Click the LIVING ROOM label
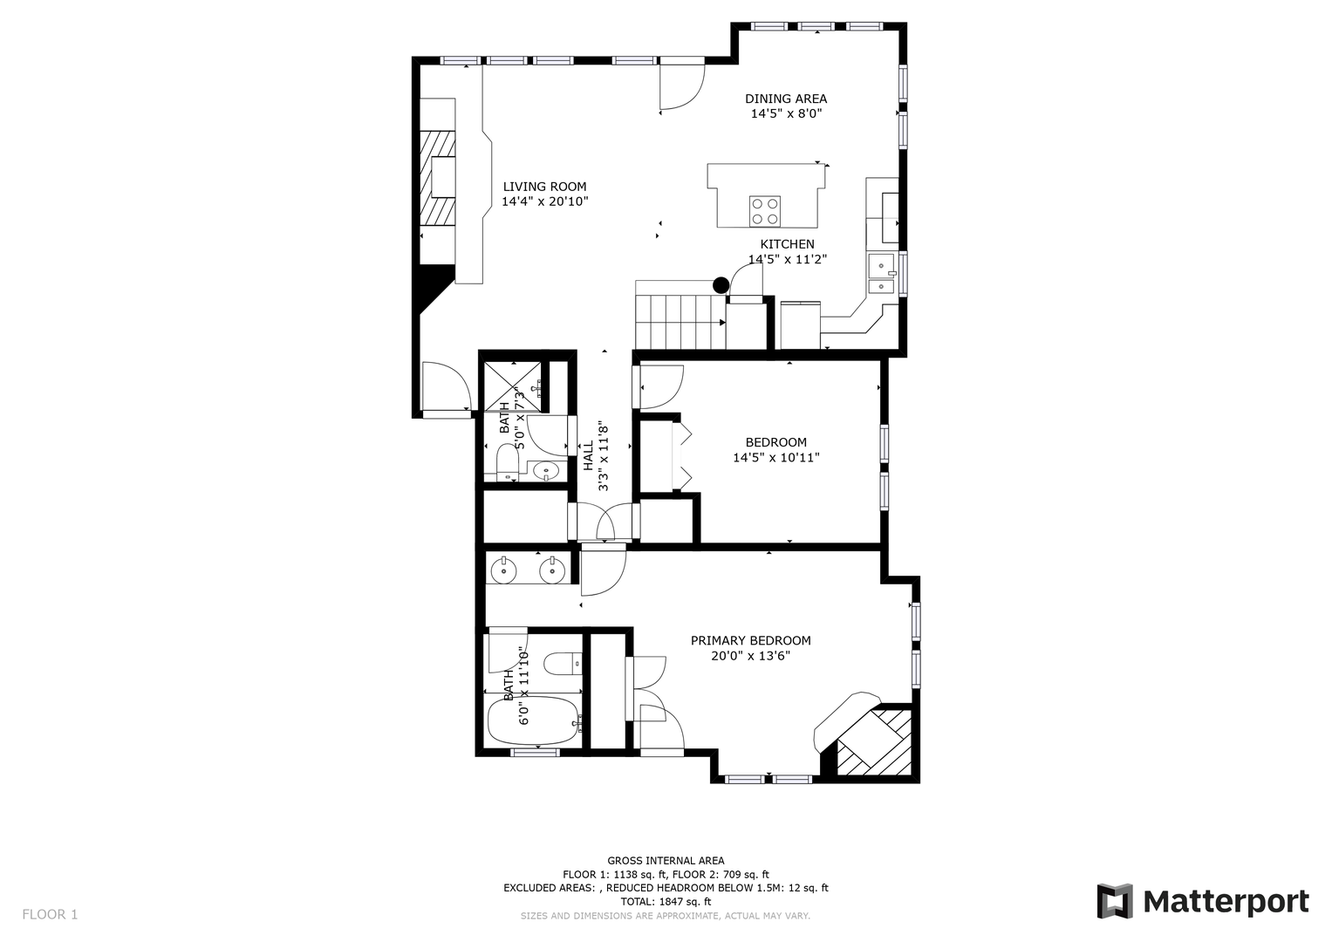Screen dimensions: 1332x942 (x=544, y=187)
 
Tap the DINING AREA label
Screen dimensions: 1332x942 (x=786, y=99)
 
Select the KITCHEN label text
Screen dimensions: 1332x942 (x=788, y=244)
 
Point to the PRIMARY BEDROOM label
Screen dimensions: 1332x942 (x=750, y=640)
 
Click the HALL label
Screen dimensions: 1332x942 (x=588, y=455)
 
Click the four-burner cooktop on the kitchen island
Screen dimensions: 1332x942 (x=765, y=212)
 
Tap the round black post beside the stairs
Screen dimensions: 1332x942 (x=721, y=285)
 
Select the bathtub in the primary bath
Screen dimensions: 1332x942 (x=533, y=720)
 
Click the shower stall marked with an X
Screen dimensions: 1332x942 (x=513, y=386)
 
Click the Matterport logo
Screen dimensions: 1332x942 (x=1202, y=902)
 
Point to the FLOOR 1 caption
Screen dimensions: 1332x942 (x=50, y=915)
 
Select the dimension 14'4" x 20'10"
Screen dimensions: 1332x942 (x=544, y=201)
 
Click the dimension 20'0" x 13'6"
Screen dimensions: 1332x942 (x=750, y=656)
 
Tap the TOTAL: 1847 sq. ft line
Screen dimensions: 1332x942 (x=666, y=902)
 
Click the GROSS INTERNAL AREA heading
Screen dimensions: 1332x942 (x=666, y=861)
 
